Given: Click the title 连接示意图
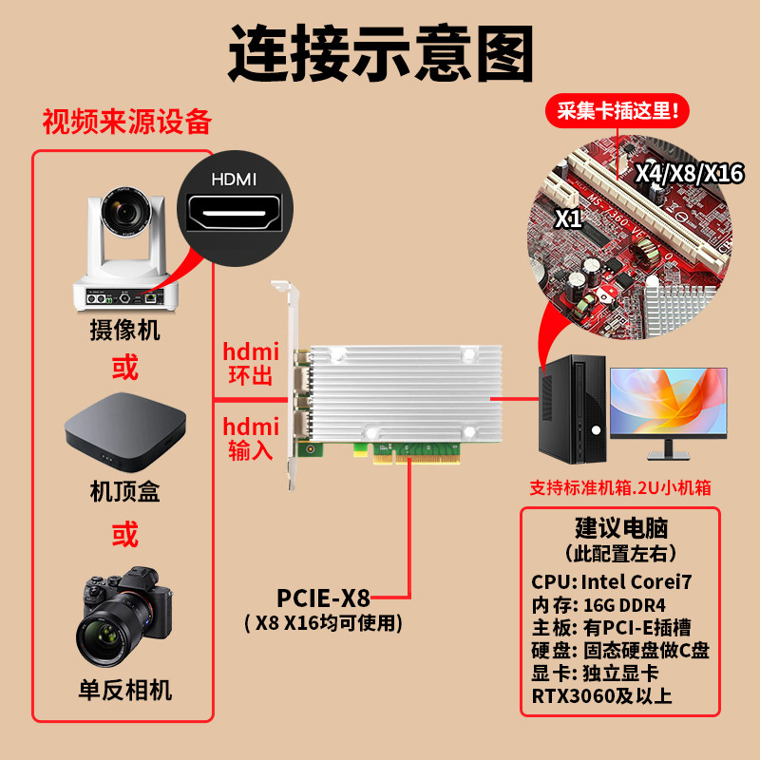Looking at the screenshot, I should click(x=380, y=54).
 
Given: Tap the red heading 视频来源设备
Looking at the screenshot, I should click(x=126, y=123).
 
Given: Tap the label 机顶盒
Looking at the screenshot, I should click(x=124, y=492).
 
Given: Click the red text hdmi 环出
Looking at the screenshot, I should click(x=251, y=362).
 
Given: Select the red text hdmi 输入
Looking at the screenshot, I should click(x=251, y=439).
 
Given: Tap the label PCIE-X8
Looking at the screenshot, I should click(x=323, y=598).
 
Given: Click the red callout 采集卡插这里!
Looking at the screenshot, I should click(x=618, y=111).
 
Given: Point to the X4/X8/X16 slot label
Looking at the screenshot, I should click(x=689, y=173).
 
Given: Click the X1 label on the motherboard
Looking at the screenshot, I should click(x=568, y=218).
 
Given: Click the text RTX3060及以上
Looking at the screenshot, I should click(x=602, y=696).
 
